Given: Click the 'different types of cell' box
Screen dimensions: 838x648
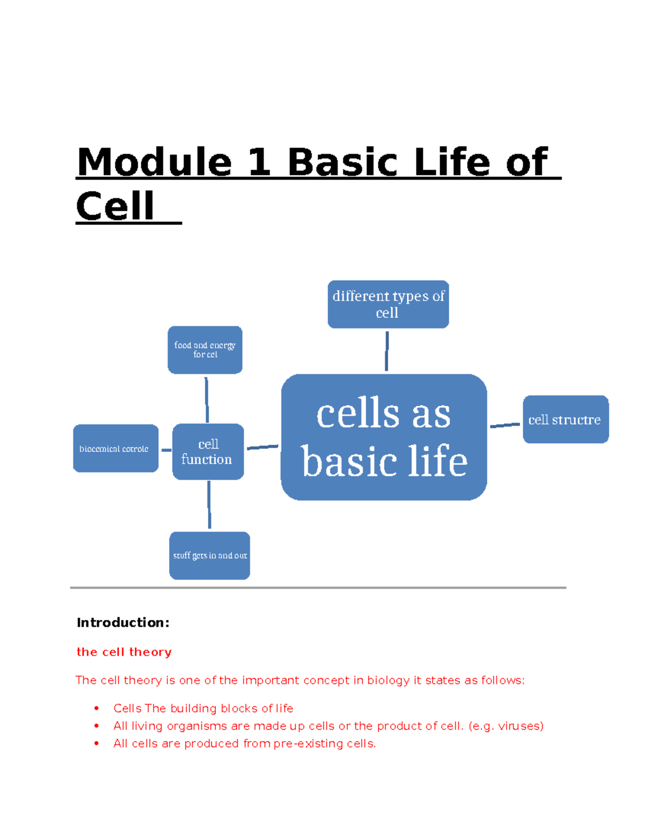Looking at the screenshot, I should (x=388, y=304).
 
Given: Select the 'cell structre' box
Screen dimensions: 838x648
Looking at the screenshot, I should (x=565, y=419).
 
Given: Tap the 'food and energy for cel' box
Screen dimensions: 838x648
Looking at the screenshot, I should (x=205, y=350).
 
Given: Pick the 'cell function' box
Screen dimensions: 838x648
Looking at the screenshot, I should (x=208, y=452).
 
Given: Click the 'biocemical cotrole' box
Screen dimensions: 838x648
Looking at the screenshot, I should (x=116, y=448).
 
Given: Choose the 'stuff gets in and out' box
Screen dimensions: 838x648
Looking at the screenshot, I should (x=210, y=555).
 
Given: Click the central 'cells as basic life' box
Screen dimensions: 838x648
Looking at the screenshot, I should (x=384, y=437).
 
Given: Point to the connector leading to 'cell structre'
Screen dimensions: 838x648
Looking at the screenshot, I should (x=504, y=425).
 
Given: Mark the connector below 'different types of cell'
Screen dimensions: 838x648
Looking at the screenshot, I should (x=387, y=351).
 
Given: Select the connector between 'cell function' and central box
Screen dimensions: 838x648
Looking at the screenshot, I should (x=262, y=447).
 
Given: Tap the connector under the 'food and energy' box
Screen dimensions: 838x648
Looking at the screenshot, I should (x=206, y=399).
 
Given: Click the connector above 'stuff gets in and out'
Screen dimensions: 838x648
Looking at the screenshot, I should (x=209, y=505).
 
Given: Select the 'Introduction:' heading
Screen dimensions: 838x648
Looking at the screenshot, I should (x=123, y=623).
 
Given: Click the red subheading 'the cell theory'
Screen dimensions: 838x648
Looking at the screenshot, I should (x=124, y=652).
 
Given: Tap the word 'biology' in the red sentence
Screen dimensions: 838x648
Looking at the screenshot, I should (x=388, y=680).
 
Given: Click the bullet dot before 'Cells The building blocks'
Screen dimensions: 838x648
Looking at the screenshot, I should (x=97, y=708).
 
